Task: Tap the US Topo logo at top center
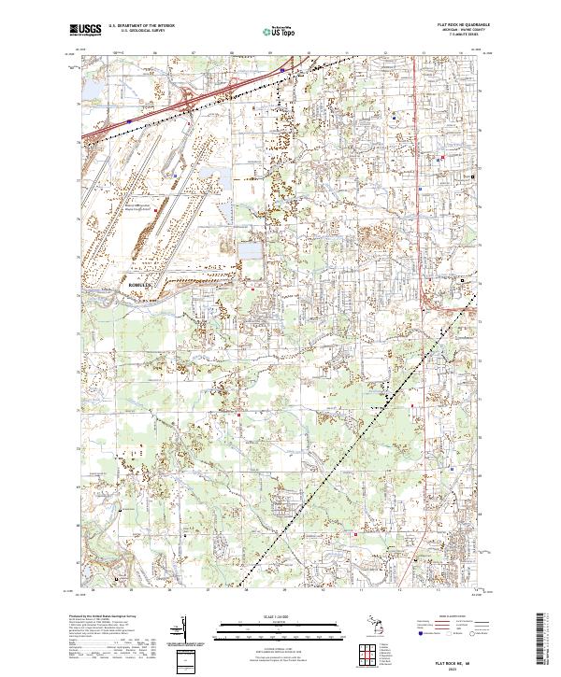280,31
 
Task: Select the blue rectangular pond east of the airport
250,250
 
